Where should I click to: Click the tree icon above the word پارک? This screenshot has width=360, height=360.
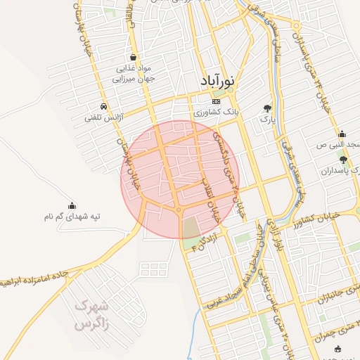point(266,108)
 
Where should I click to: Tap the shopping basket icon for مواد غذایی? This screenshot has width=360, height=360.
point(133,57)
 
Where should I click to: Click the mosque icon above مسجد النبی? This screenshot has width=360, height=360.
point(342,134)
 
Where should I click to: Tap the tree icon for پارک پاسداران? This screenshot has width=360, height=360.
point(343,160)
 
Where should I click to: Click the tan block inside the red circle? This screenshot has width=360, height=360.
point(191,228)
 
